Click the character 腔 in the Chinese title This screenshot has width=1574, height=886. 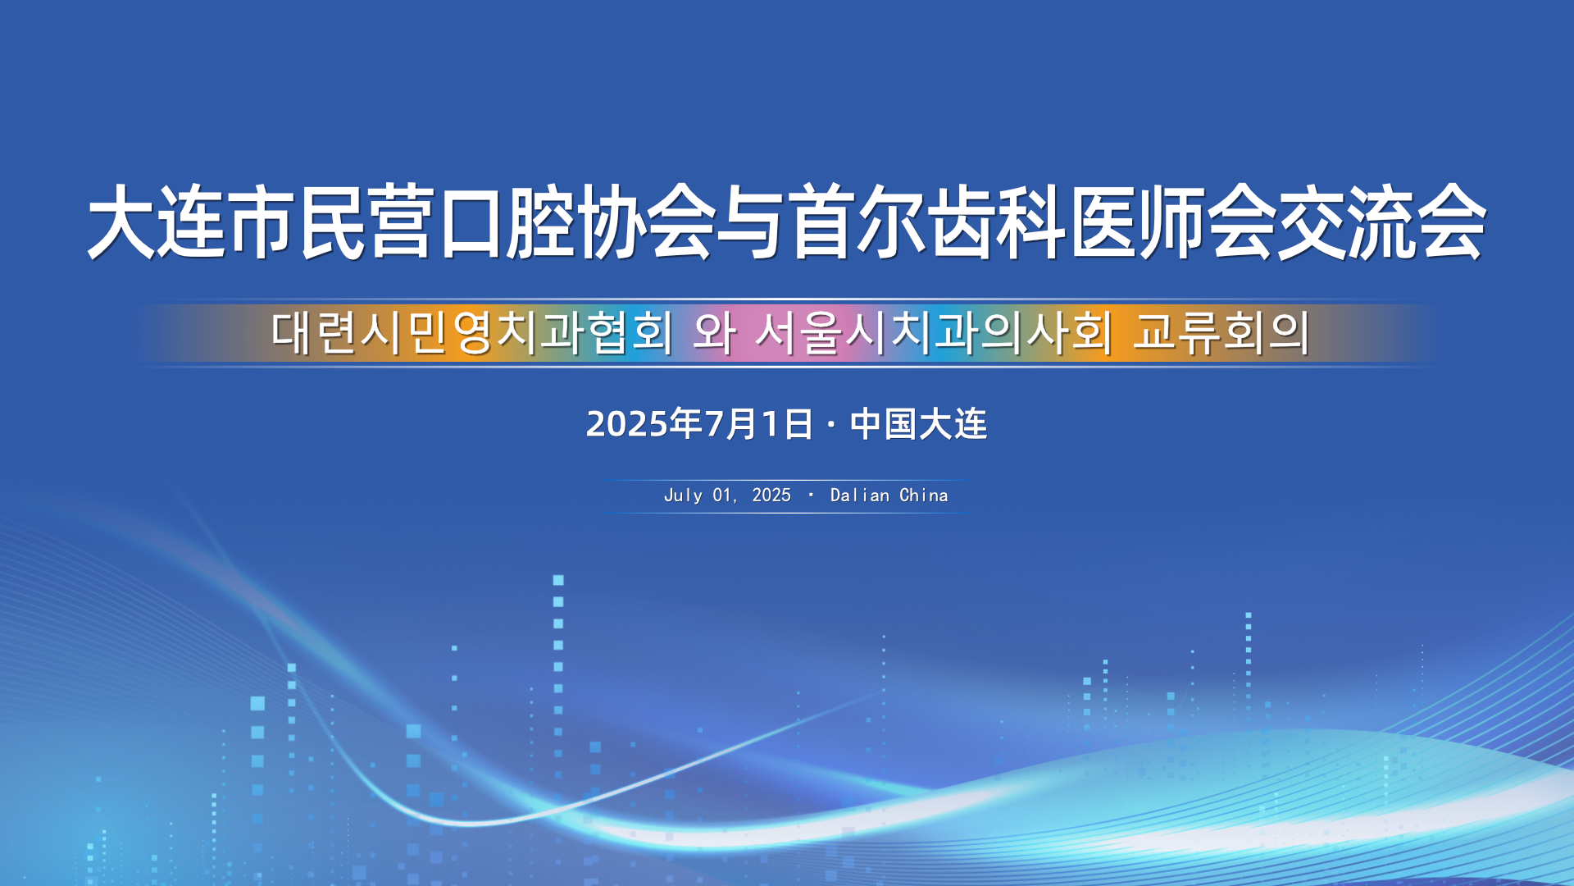click(539, 221)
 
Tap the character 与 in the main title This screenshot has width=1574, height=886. click(749, 221)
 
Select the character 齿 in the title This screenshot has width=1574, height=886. click(959, 221)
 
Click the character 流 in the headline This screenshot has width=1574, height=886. click(1381, 221)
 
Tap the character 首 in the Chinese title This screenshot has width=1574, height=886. click(819, 221)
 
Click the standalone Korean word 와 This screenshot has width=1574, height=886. click(714, 332)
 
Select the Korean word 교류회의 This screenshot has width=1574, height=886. click(1221, 332)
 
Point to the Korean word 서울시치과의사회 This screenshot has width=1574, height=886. click(934, 332)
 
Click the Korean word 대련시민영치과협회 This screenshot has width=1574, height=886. click(472, 332)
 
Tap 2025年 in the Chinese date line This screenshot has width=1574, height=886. click(644, 424)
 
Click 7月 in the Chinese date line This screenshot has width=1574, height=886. click(731, 424)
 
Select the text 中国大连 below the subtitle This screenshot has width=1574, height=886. click(918, 424)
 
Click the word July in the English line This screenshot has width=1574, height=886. click(683, 496)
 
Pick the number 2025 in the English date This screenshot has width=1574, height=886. click(771, 496)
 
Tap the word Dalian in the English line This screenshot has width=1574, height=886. click(860, 496)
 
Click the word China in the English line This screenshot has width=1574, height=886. click(924, 496)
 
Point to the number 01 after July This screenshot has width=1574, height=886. click(722, 496)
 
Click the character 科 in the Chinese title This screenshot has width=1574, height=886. click(1030, 221)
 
